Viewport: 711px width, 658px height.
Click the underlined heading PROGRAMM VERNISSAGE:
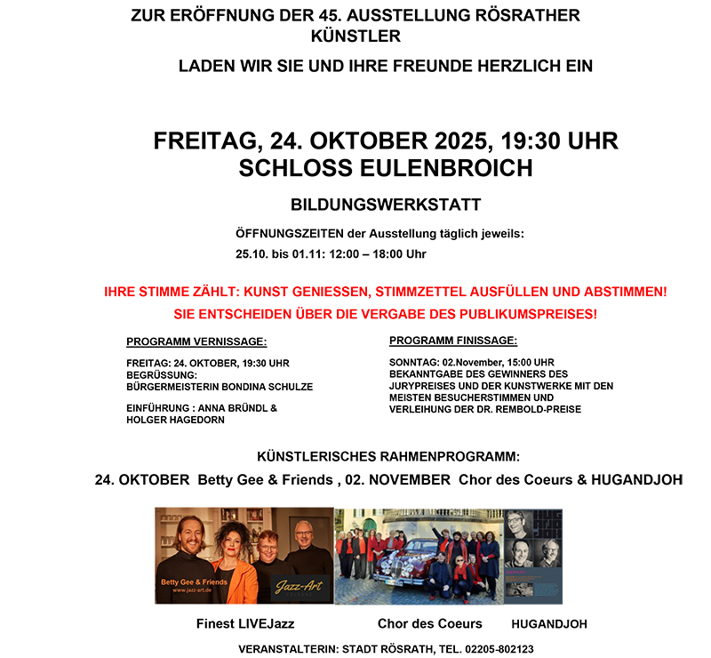coord(196,341)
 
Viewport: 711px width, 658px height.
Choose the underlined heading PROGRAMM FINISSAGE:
coord(452,341)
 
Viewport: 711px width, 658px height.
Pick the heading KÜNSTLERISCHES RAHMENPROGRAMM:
coord(387,457)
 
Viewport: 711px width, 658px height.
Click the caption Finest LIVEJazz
coord(245,624)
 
